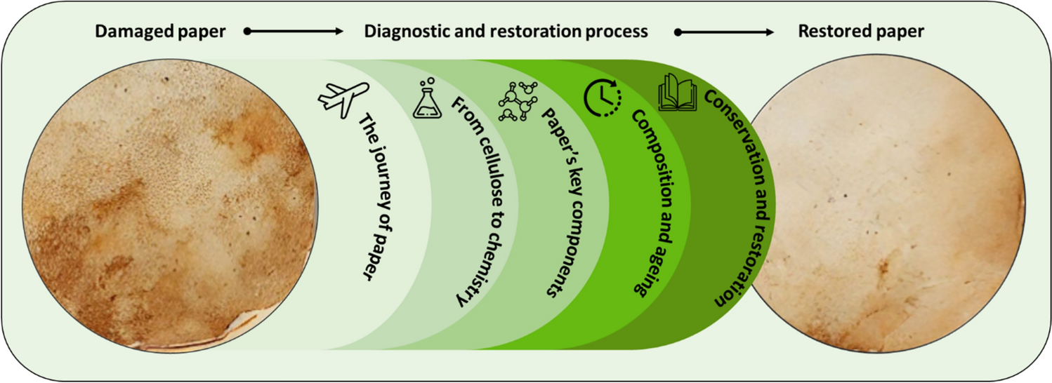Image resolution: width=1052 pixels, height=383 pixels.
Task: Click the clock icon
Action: click(601, 98)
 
